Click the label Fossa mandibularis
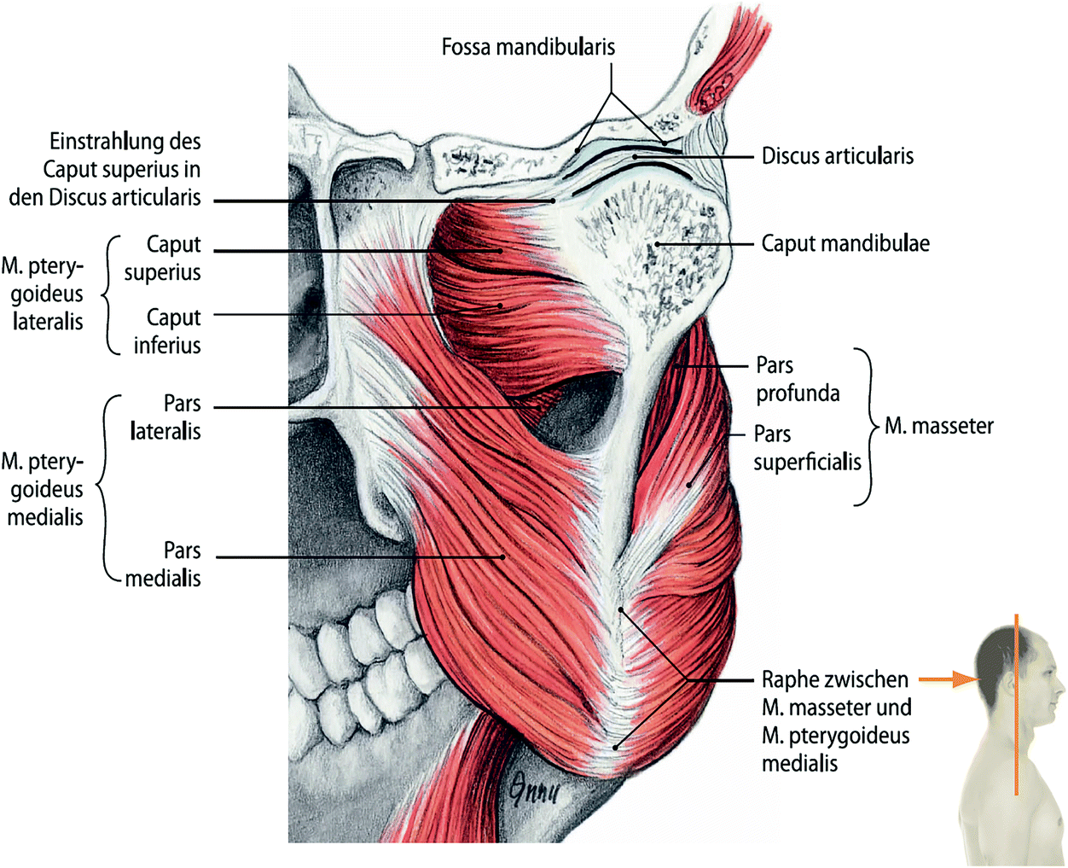click(528, 47)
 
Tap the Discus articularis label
click(837, 156)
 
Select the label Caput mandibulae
click(845, 244)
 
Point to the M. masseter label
click(938, 426)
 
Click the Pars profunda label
click(797, 380)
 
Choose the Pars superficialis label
click(807, 448)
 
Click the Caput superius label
click(163, 258)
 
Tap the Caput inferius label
click(167, 331)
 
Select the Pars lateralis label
click(165, 417)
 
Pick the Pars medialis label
click(164, 564)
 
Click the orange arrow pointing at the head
click(948, 679)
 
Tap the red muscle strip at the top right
click(721, 68)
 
